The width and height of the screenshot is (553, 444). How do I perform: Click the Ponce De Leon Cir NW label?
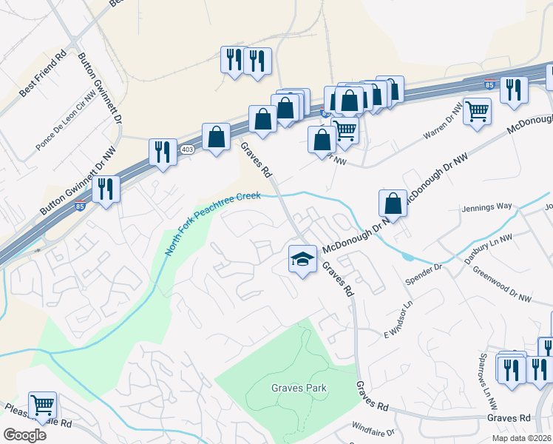click(67, 121)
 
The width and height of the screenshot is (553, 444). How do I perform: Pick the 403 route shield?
click(187, 149)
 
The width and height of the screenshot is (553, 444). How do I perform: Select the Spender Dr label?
click(423, 276)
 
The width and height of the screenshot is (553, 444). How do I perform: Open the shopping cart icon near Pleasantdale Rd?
click(43, 405)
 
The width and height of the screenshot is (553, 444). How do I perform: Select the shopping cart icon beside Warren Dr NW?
click(477, 112)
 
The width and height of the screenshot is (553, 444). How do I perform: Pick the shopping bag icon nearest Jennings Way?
click(393, 203)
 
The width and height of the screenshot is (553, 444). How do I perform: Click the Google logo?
click(24, 435)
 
